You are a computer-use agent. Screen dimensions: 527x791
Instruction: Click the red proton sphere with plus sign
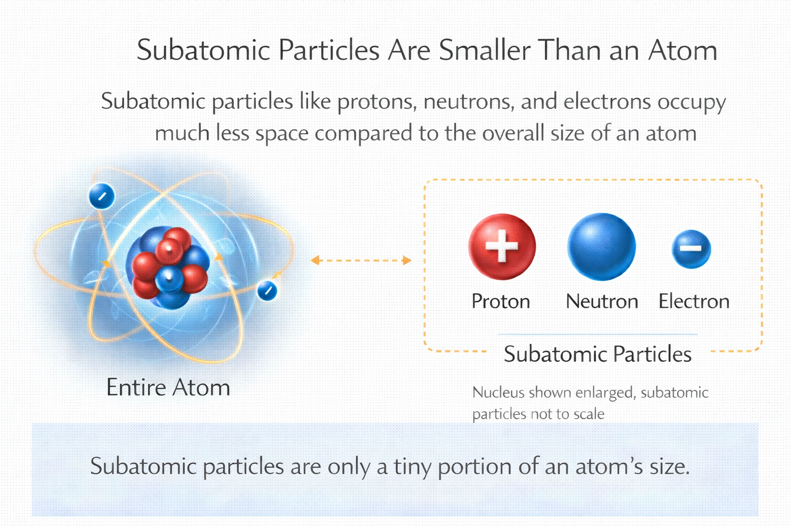pos(502,247)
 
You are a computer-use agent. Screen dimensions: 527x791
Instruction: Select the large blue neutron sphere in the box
pos(601,247)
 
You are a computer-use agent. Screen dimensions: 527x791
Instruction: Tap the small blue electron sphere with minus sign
pos(692,249)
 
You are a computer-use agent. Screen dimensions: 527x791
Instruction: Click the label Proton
pos(501,302)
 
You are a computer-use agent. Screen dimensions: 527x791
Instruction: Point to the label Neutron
pos(602,302)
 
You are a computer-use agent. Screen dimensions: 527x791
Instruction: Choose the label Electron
pos(694,302)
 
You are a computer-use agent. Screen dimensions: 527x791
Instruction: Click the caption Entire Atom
pos(168,388)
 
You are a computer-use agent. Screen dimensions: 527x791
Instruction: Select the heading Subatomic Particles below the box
pos(597,355)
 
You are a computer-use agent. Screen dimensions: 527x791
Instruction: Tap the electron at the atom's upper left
pos(101,196)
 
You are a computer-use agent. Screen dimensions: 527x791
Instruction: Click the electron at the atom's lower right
pos(267,291)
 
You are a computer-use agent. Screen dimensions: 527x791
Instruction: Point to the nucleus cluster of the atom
pos(169,268)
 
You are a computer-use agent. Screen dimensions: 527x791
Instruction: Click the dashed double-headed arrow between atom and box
pos(361,260)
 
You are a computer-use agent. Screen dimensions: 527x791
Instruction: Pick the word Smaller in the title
pos(485,50)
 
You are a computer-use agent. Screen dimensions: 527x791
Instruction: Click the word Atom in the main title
pos(682,50)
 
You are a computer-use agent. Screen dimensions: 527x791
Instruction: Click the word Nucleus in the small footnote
pos(498,393)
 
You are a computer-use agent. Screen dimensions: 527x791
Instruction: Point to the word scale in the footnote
pos(589,414)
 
